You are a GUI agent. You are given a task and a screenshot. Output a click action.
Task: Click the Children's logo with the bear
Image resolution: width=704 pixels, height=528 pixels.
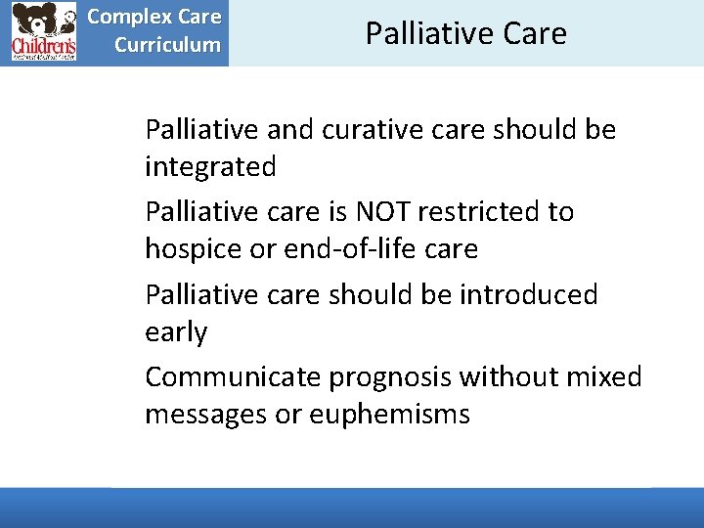coord(44,32)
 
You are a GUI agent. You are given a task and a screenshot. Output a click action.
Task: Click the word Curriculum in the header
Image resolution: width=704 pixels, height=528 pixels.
coord(167,45)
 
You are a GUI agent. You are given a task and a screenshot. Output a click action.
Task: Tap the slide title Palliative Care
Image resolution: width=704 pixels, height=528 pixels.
coord(465,33)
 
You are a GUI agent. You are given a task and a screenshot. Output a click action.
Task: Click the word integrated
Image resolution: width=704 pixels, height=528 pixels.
coord(210,167)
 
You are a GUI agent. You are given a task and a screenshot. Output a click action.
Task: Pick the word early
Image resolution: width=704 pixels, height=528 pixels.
coord(176,332)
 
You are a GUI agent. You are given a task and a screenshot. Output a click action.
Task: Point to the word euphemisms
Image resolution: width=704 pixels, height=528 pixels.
coord(389,415)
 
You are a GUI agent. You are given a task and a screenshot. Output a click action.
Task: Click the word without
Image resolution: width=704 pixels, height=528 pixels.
coord(508,376)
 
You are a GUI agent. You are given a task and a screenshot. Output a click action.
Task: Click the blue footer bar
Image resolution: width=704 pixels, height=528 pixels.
coord(352,507)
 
